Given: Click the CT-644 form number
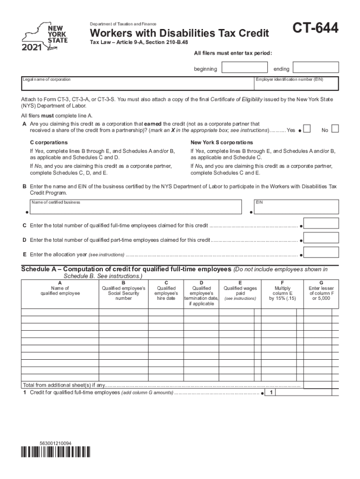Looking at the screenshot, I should (x=316, y=29).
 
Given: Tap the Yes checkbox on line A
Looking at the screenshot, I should (x=307, y=129).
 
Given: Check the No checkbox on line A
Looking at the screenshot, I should (x=335, y=129).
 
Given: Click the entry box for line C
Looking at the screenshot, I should (x=321, y=225).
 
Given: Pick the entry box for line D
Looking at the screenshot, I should (x=321, y=239).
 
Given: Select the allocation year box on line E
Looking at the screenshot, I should (x=321, y=254).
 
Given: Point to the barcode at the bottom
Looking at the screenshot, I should (x=56, y=452).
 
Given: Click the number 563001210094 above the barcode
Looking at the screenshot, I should (x=55, y=443).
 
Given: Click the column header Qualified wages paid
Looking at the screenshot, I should (x=240, y=291).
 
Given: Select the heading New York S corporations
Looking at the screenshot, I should (x=222, y=142).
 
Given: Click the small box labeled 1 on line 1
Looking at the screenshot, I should (x=271, y=392).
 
